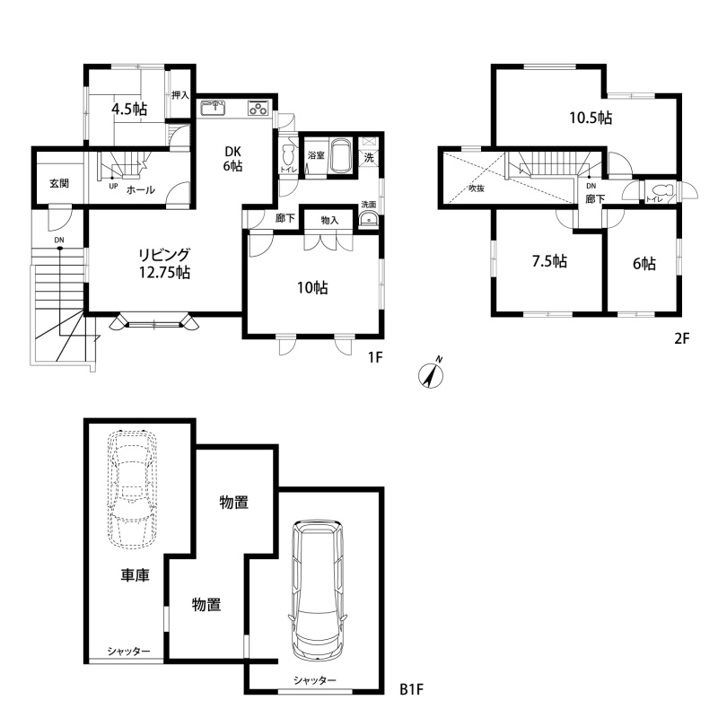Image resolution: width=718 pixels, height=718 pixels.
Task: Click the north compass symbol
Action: (431, 375)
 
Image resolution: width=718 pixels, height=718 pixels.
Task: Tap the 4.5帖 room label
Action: (129, 109)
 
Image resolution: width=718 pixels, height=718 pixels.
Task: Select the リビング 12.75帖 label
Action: (165, 263)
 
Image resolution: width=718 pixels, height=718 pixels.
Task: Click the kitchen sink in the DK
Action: (214, 109)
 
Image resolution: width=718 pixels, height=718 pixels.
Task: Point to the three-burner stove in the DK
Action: (258, 108)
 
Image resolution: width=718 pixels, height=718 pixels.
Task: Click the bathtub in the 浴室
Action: (340, 155)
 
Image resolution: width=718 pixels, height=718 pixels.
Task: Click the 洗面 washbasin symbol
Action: (368, 220)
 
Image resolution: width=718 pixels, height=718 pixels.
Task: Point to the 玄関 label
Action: (59, 184)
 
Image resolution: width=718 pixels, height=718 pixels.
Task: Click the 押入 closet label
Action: (180, 95)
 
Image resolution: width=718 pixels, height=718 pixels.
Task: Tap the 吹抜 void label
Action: (477, 188)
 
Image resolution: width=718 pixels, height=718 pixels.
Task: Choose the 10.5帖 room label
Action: (591, 118)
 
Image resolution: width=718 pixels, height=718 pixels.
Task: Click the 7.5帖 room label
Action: (549, 261)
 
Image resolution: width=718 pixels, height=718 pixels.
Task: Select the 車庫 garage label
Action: (136, 575)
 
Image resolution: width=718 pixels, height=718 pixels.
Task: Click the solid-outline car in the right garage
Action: (317, 591)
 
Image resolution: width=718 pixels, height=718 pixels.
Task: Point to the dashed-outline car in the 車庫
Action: (132, 489)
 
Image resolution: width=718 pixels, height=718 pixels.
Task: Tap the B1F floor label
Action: (412, 688)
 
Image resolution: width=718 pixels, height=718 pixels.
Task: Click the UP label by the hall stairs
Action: (113, 186)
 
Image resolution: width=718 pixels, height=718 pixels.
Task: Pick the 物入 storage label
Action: (329, 220)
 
